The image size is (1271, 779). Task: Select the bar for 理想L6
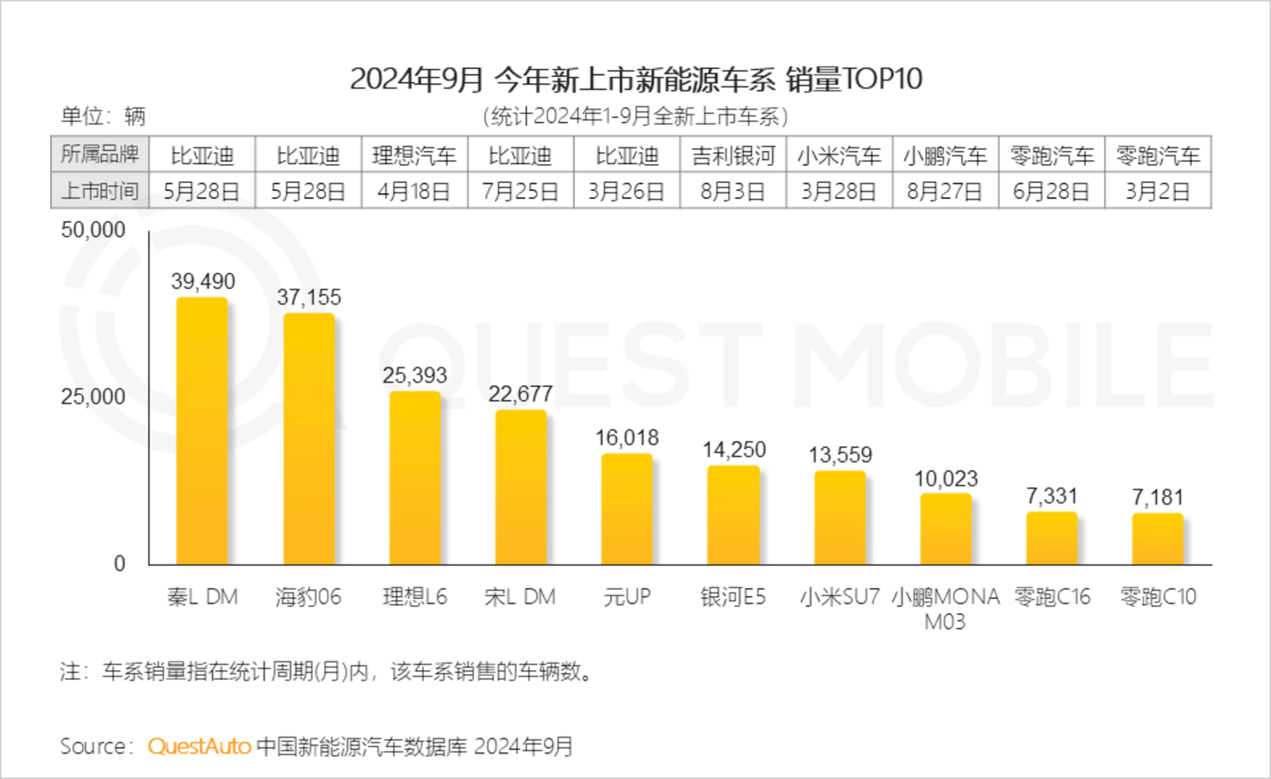pos(415,478)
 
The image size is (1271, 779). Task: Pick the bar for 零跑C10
pos(1157,539)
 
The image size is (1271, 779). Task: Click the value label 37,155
pos(309,298)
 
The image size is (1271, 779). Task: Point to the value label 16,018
pos(627,438)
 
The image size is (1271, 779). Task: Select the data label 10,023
pos(945,480)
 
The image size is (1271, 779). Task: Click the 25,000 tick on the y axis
pos(93,397)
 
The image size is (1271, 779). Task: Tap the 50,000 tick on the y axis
pos(93,231)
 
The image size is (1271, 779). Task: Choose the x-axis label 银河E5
pos(733,597)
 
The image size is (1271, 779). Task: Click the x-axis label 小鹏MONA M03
pos(945,609)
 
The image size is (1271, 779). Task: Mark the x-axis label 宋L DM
pos(520,597)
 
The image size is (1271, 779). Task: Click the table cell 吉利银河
pos(733,156)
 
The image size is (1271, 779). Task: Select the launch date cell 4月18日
pos(414,192)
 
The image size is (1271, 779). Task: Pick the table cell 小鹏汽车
pos(944,156)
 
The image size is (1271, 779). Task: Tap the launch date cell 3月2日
pos(1157,192)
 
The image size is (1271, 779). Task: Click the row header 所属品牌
pos(100,155)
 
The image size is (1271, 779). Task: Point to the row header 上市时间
pos(100,191)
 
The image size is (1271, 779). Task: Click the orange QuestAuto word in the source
pos(199,746)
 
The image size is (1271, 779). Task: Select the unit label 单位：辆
pos(102,116)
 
